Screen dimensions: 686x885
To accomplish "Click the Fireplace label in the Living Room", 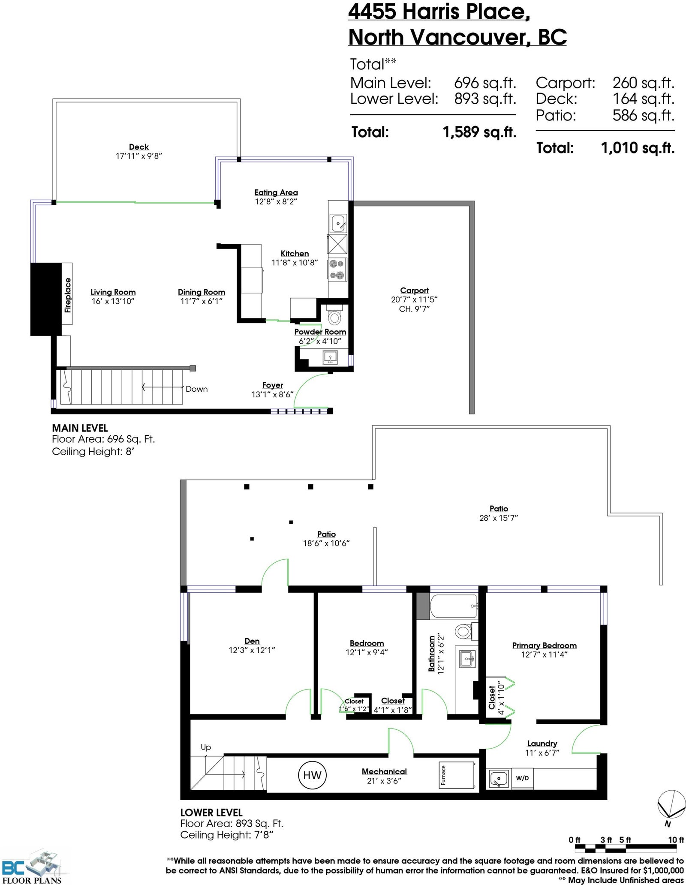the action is pyautogui.click(x=68, y=295).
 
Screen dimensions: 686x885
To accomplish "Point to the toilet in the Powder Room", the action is pyautogui.click(x=334, y=317).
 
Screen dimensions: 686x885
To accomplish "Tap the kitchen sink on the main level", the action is pyautogui.click(x=338, y=223).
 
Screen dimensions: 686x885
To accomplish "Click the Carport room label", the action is pyautogui.click(x=414, y=291).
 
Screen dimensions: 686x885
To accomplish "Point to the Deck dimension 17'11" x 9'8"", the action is pyautogui.click(x=139, y=156).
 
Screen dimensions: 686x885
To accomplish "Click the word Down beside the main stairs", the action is pyautogui.click(x=196, y=389).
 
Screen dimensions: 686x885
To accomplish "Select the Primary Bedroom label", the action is pyautogui.click(x=544, y=645).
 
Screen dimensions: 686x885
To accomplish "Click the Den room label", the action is pyautogui.click(x=252, y=641).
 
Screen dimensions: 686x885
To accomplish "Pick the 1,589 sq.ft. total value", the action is pyautogui.click(x=479, y=132).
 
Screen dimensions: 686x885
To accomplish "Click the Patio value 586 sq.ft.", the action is pyautogui.click(x=643, y=115).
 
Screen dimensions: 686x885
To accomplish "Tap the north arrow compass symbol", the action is pyautogui.click(x=669, y=806).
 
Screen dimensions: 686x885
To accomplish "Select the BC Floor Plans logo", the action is pyautogui.click(x=32, y=868).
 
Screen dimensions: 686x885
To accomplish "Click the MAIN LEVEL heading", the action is pyautogui.click(x=80, y=428).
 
